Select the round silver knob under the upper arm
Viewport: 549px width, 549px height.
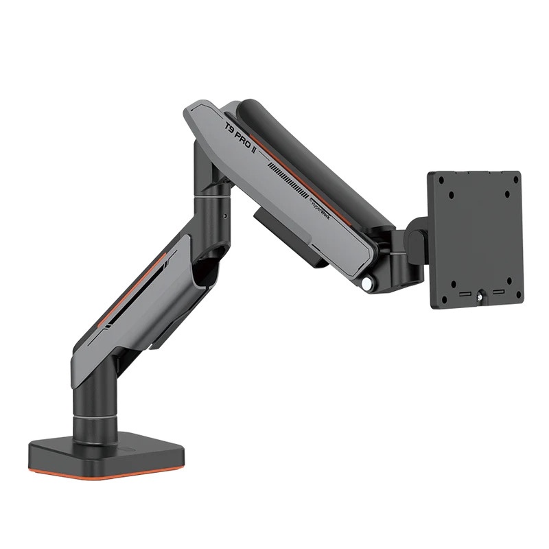pyautogui.click(x=369, y=281)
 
